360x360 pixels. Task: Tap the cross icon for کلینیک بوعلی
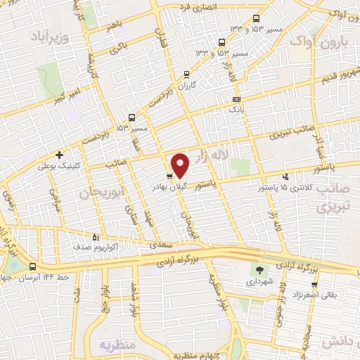tap(60, 155)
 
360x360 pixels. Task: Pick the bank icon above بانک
tap(235, 99)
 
